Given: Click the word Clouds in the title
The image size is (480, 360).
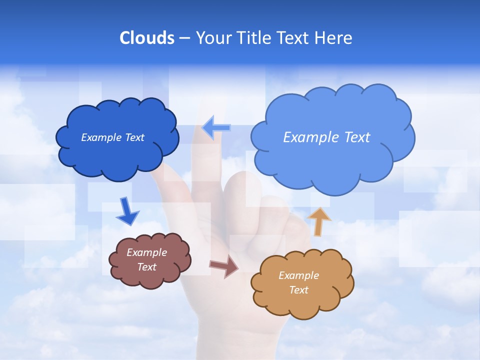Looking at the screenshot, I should [147, 38].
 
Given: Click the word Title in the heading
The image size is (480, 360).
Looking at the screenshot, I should [253, 38].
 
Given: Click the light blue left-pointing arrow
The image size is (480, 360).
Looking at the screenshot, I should [216, 128].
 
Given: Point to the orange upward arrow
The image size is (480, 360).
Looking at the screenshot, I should [319, 221].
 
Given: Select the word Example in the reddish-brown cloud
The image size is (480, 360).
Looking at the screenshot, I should [146, 252].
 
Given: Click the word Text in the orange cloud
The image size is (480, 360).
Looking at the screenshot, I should [298, 290].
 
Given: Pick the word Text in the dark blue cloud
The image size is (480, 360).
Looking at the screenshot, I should [134, 137].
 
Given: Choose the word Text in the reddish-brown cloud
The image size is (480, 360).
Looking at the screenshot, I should [146, 267].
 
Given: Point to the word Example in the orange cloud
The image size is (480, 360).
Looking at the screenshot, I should [298, 275].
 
